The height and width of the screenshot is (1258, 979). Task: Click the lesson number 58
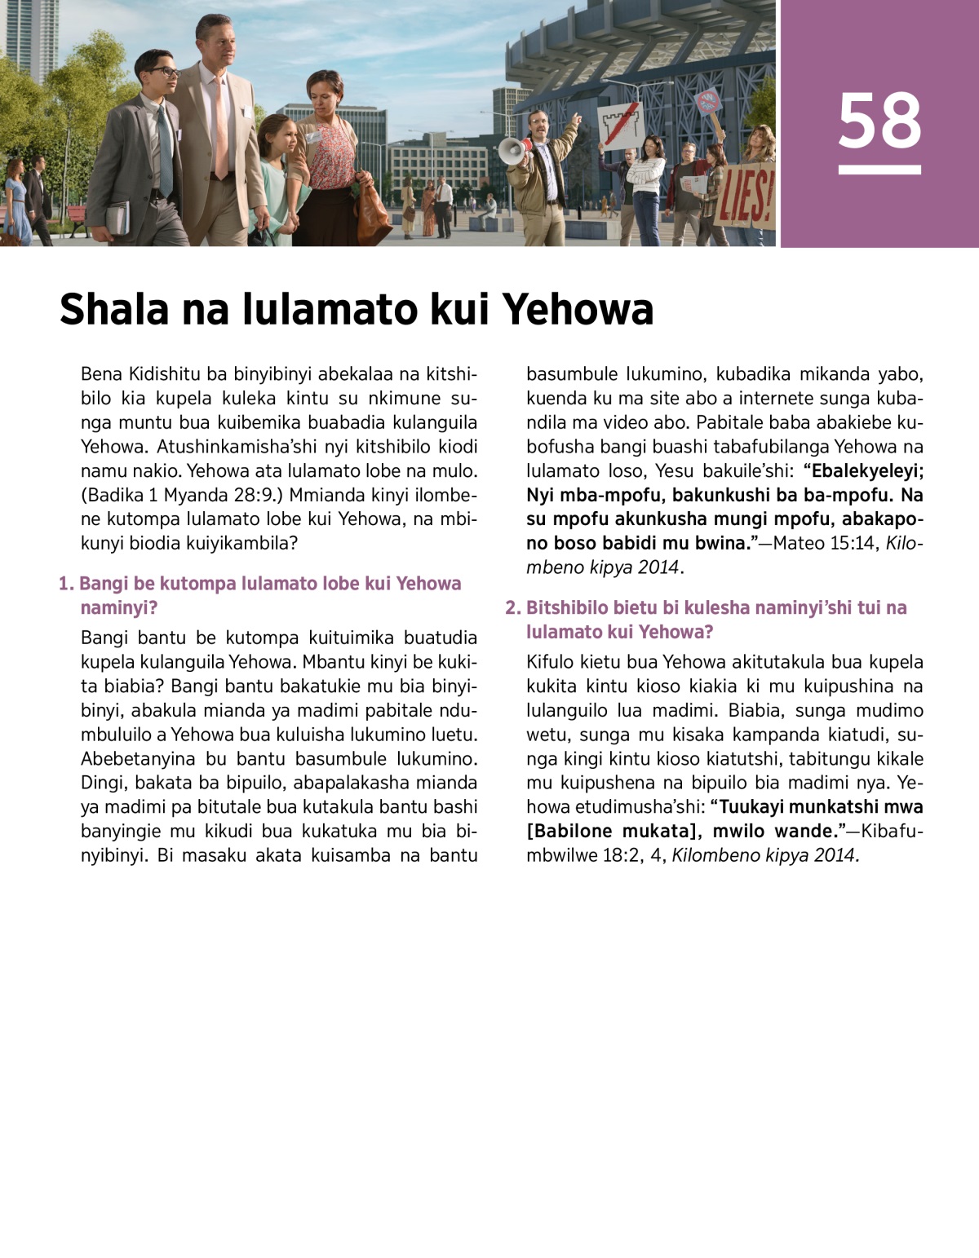tap(879, 121)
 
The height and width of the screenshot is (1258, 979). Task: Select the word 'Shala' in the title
tap(114, 310)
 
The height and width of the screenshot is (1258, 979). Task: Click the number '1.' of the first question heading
tap(66, 584)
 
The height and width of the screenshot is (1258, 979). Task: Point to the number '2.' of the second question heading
tap(512, 607)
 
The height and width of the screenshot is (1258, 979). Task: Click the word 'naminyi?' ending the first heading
tap(119, 607)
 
